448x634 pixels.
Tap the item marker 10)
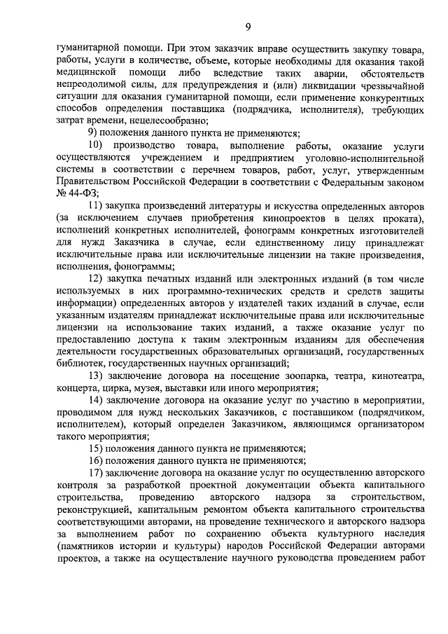[99, 145]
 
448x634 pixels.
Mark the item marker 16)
[99, 460]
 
